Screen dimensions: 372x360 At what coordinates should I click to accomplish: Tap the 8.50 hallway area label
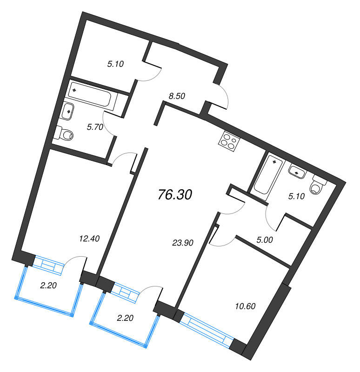(177, 97)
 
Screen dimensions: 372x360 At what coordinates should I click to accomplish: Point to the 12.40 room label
(89, 239)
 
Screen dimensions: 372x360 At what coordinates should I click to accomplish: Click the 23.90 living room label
(182, 242)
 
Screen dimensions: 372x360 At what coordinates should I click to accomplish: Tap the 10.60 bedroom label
(246, 306)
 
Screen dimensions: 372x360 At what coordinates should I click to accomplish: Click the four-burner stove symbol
(228, 140)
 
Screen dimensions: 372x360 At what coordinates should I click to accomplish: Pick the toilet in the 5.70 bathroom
(64, 134)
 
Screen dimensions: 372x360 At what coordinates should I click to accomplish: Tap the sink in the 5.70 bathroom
(68, 111)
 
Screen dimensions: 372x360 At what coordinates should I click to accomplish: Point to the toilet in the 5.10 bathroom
(318, 185)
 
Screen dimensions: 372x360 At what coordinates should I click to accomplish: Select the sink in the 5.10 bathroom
(296, 172)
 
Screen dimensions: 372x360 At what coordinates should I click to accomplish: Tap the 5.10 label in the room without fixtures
(115, 65)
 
